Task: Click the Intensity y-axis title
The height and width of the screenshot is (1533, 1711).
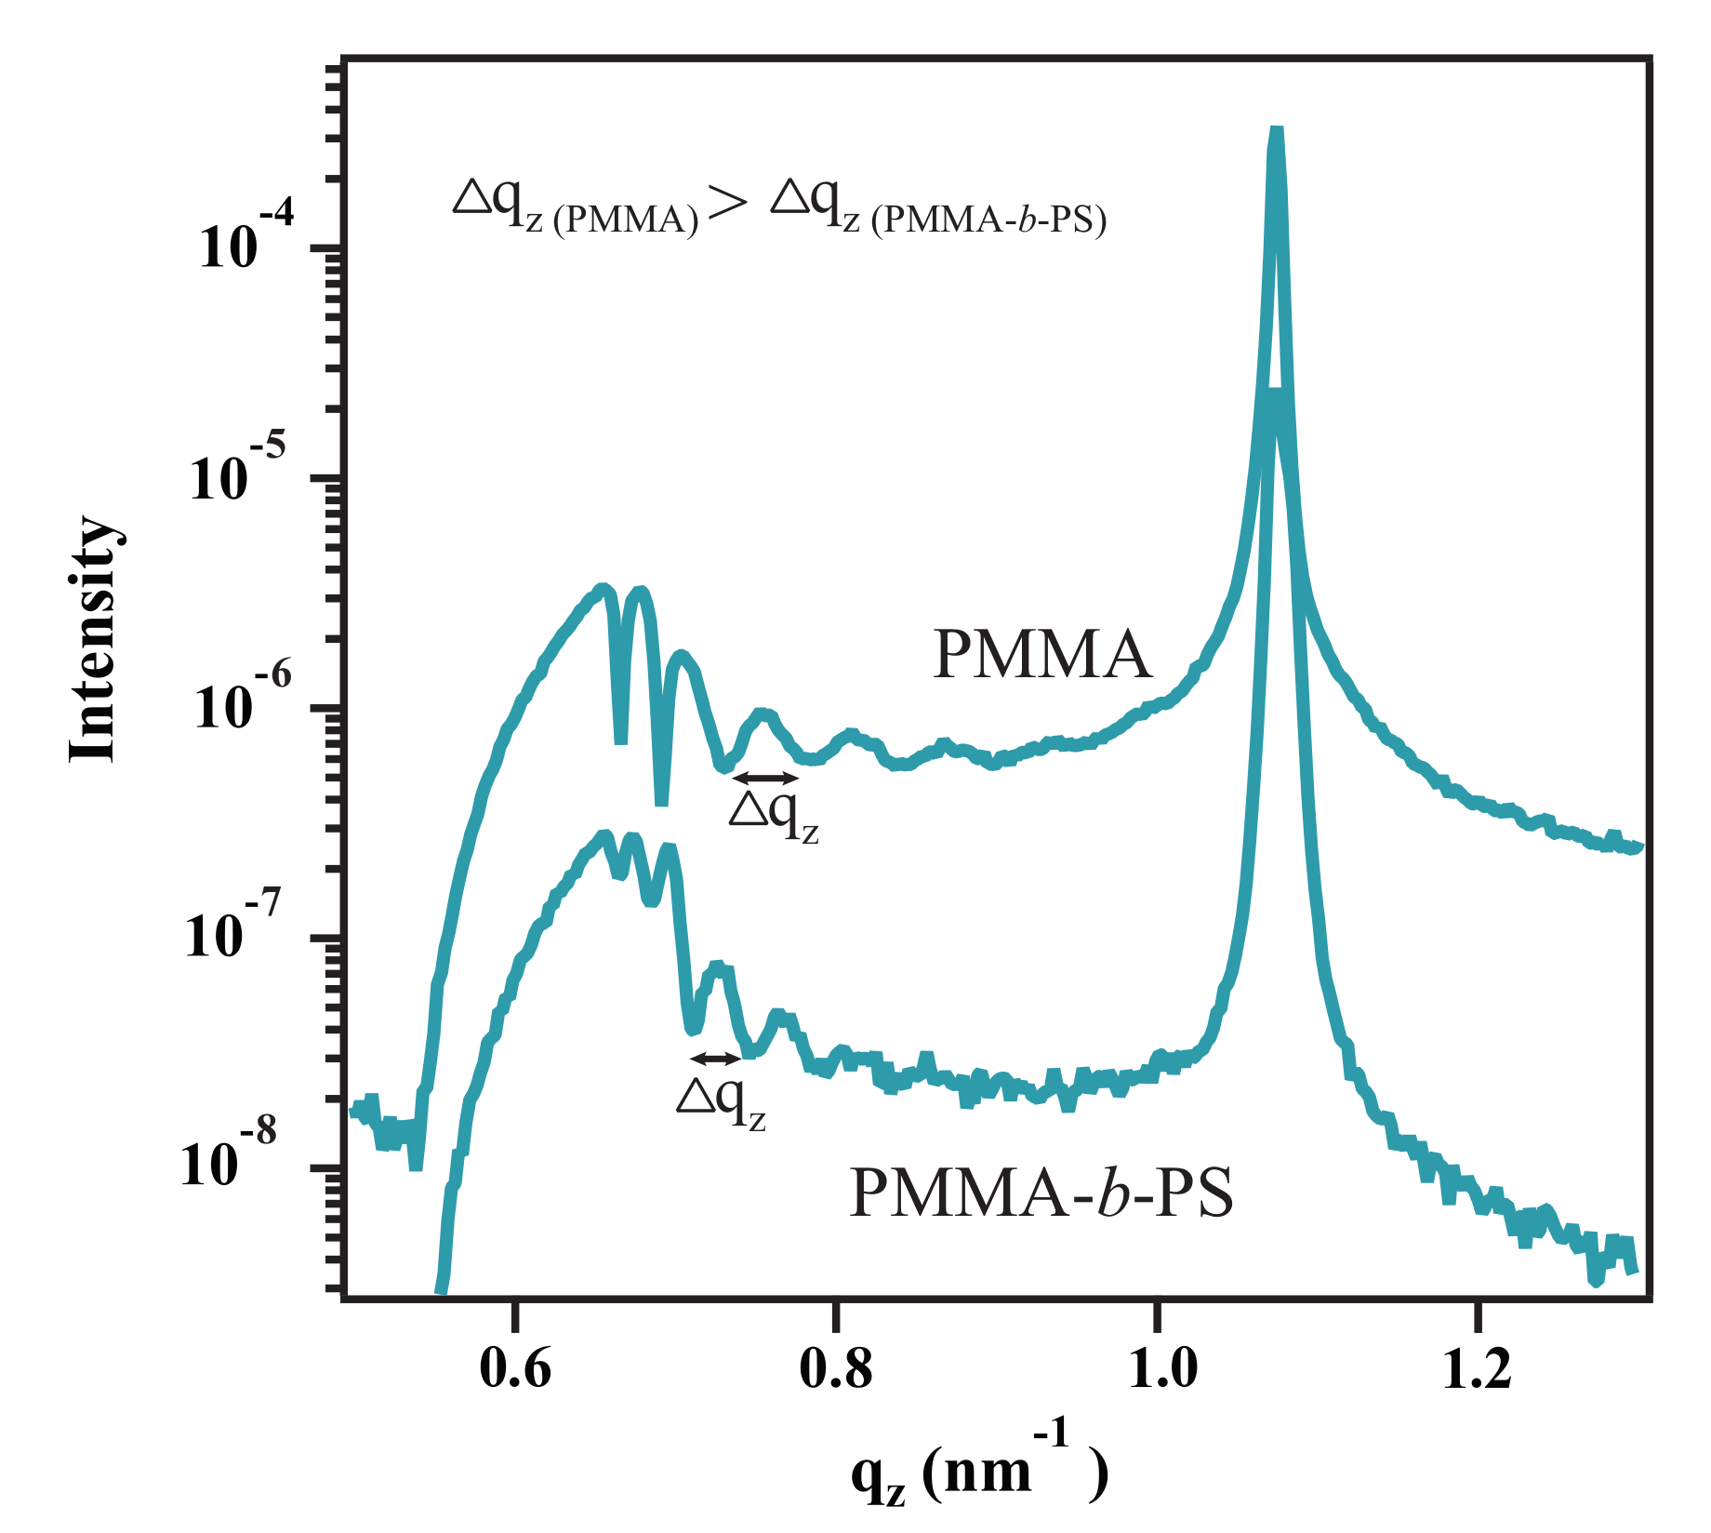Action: pyautogui.click(x=94, y=639)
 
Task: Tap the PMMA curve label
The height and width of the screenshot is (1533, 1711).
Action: pyautogui.click(x=1041, y=654)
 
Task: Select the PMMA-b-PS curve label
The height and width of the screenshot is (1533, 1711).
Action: pyautogui.click(x=1041, y=1193)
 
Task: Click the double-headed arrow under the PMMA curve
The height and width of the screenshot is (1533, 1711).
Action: pyautogui.click(x=765, y=778)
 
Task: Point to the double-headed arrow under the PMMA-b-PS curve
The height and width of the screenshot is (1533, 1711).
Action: pyautogui.click(x=715, y=1058)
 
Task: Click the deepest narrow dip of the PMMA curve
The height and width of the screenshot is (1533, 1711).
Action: pyautogui.click(x=661, y=800)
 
